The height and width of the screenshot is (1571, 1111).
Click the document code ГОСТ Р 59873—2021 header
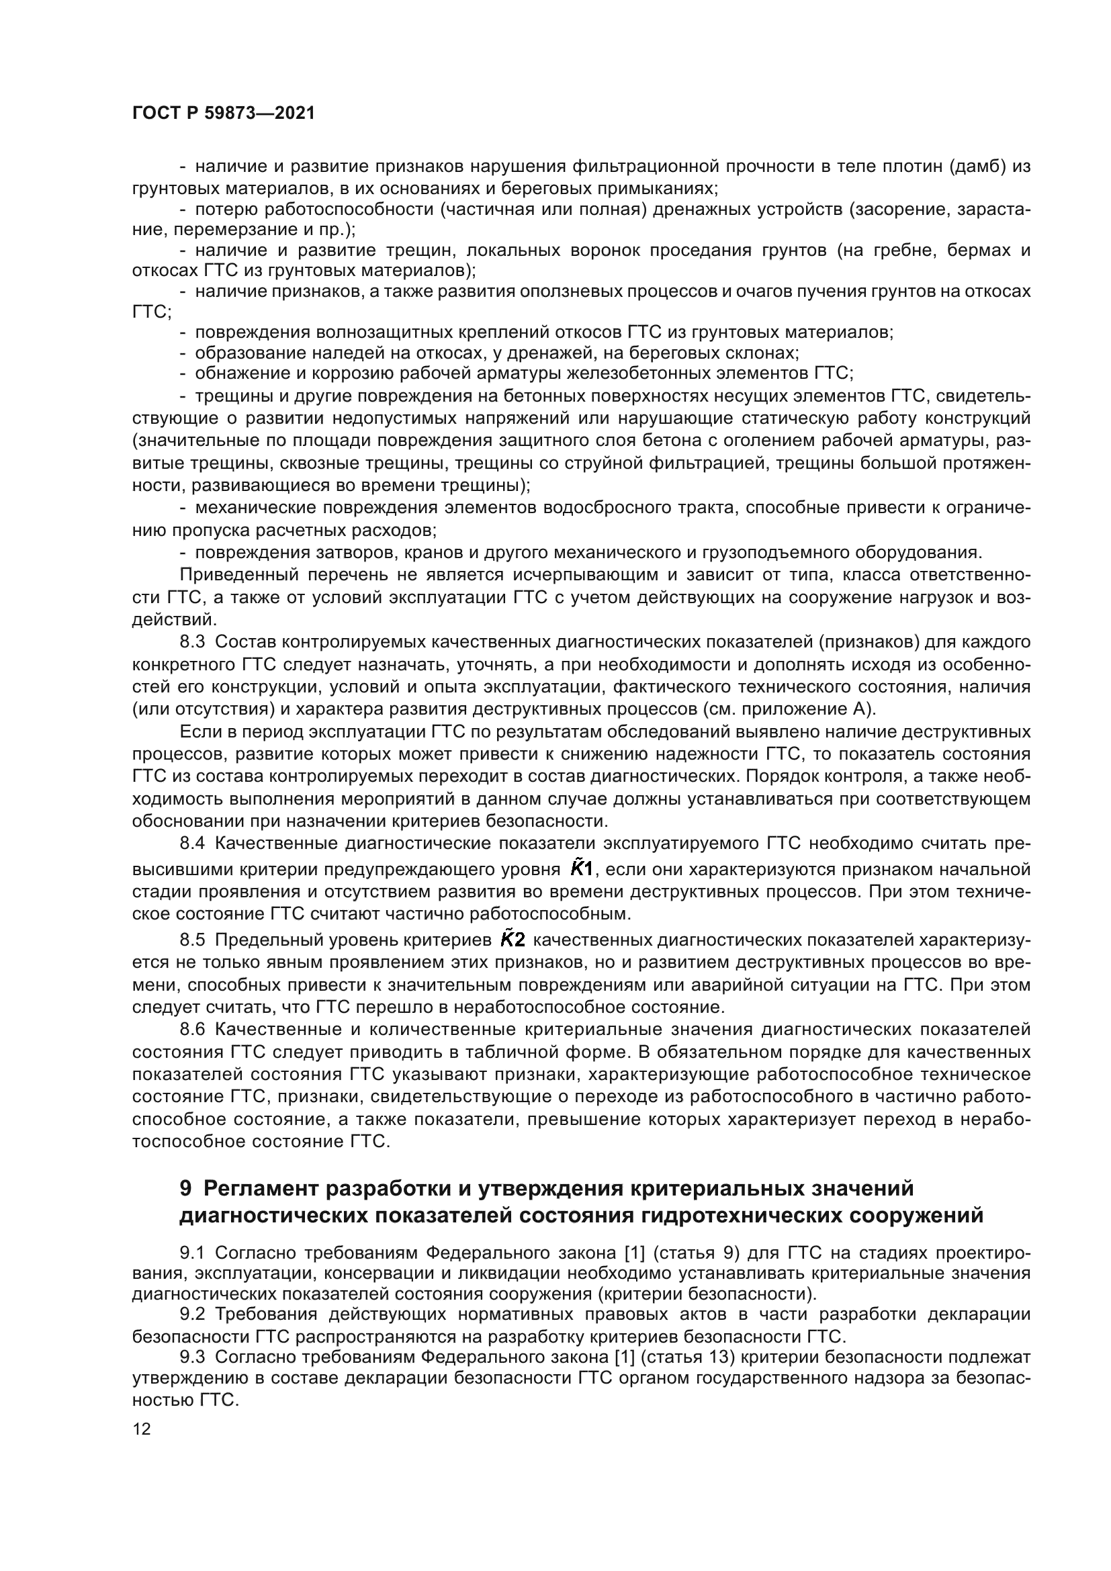(x=224, y=114)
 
